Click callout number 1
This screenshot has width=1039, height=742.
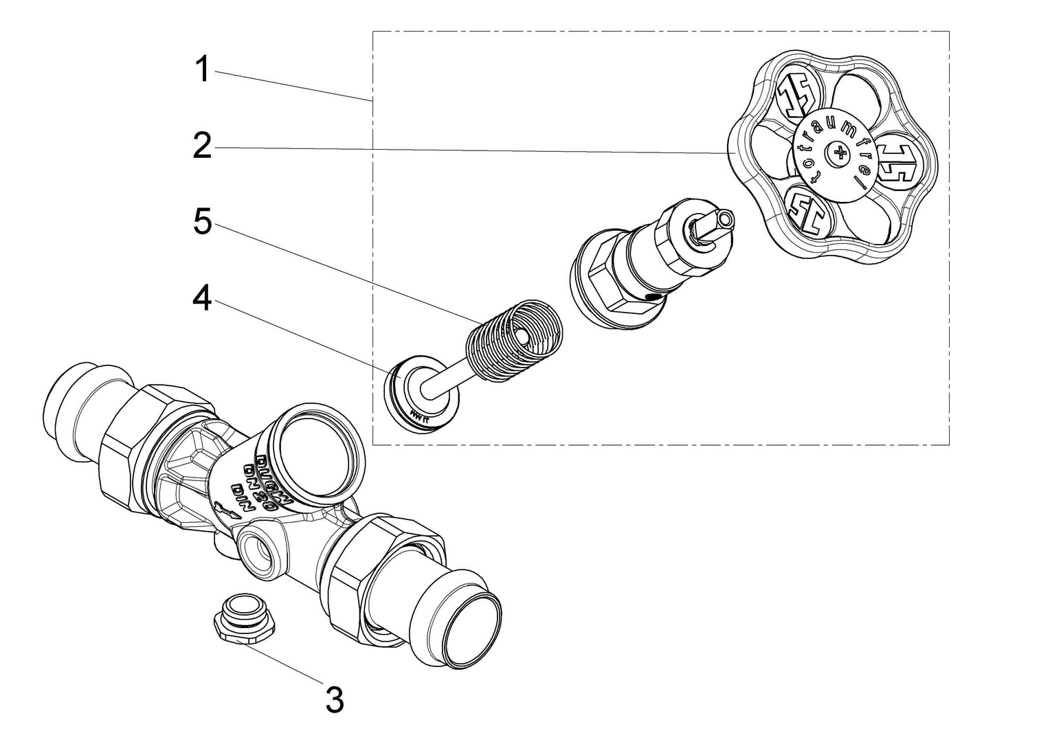click(x=201, y=70)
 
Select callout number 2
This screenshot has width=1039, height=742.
click(x=201, y=146)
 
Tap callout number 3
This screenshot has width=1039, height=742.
click(x=334, y=701)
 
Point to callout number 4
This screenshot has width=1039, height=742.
click(x=201, y=300)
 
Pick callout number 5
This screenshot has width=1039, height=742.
click(x=201, y=222)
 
